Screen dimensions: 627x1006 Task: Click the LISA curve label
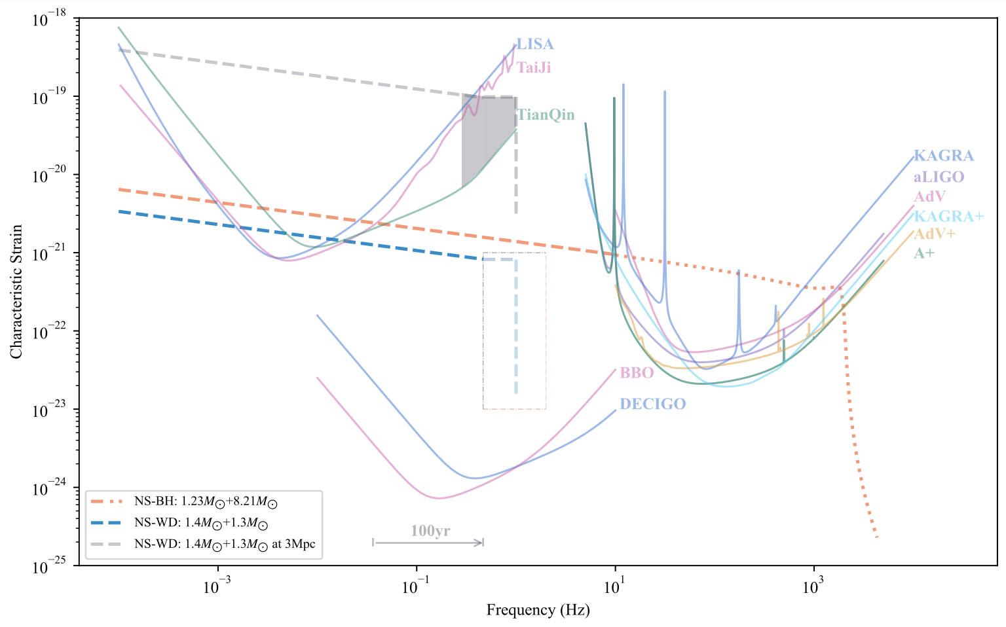pos(535,45)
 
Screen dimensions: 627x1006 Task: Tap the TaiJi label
pos(534,67)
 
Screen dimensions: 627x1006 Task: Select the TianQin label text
pos(546,115)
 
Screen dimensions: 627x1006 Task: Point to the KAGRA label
pos(944,156)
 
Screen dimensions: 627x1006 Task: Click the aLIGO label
pos(939,177)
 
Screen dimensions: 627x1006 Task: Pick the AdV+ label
pos(935,234)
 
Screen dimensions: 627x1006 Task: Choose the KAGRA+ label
pos(948,216)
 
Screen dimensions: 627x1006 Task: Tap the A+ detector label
pos(924,253)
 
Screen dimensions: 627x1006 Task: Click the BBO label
pos(637,373)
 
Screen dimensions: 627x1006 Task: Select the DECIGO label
pos(652,404)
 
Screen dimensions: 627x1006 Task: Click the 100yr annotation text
pos(430,531)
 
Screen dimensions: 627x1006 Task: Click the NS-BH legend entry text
pos(206,503)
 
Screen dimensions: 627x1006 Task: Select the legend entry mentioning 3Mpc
pos(225,545)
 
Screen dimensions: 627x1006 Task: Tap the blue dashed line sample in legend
pos(107,524)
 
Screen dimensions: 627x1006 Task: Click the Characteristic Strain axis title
pos(16,292)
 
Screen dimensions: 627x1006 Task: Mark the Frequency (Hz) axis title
pos(538,611)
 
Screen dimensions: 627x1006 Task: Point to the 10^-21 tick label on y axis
pos(49,254)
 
